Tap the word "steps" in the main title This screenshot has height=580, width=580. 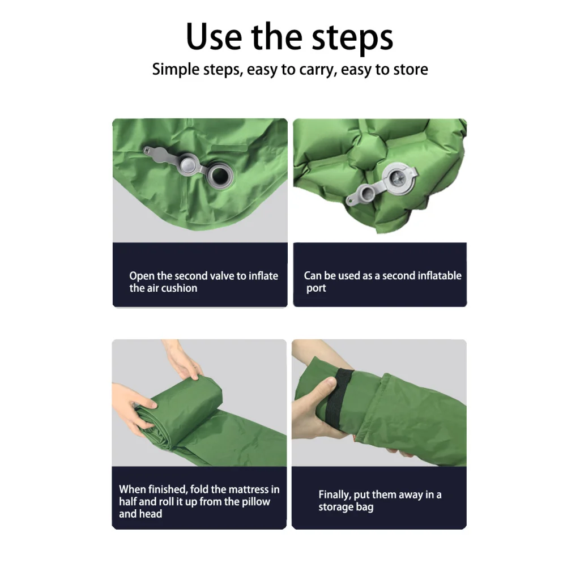coord(352,39)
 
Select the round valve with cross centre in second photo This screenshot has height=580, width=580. coord(399,178)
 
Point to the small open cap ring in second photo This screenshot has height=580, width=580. coord(366,193)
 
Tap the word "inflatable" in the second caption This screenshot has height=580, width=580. coord(440,276)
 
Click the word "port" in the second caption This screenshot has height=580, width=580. coord(316,288)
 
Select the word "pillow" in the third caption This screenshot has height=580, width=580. coord(256,502)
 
